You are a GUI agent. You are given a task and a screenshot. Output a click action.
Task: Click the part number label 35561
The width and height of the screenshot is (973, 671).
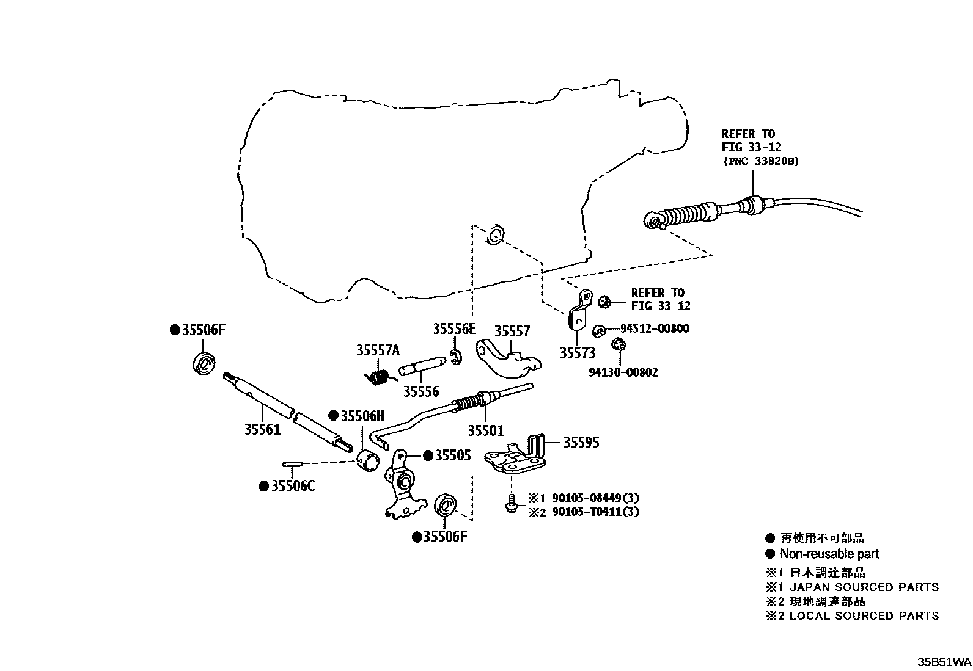click(x=262, y=429)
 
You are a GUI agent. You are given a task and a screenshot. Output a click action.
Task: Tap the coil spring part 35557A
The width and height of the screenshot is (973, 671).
click(x=380, y=377)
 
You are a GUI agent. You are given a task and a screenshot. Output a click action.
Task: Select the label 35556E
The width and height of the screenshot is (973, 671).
click(x=453, y=329)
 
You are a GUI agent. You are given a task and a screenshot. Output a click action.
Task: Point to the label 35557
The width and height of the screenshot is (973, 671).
click(x=512, y=331)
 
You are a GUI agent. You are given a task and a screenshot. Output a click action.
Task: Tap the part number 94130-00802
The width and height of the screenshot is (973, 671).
click(x=623, y=372)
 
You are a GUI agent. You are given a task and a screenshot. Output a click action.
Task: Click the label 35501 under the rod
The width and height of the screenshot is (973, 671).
click(x=486, y=430)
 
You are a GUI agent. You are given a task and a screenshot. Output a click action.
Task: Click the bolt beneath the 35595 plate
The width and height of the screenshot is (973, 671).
click(x=510, y=505)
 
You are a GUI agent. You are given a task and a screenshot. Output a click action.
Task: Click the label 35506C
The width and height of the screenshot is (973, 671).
click(x=293, y=486)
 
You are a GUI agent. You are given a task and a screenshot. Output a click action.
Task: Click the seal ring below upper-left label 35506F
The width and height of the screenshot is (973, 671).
click(x=204, y=364)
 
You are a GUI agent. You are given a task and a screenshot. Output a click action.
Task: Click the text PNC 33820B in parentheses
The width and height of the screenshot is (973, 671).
click(x=760, y=161)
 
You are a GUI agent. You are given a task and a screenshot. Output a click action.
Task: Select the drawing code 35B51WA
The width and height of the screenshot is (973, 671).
click(x=943, y=662)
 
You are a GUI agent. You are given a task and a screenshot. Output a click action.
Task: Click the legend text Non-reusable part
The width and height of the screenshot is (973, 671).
click(x=829, y=554)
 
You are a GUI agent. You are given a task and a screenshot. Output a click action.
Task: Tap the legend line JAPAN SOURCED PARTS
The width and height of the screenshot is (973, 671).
click(x=864, y=587)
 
